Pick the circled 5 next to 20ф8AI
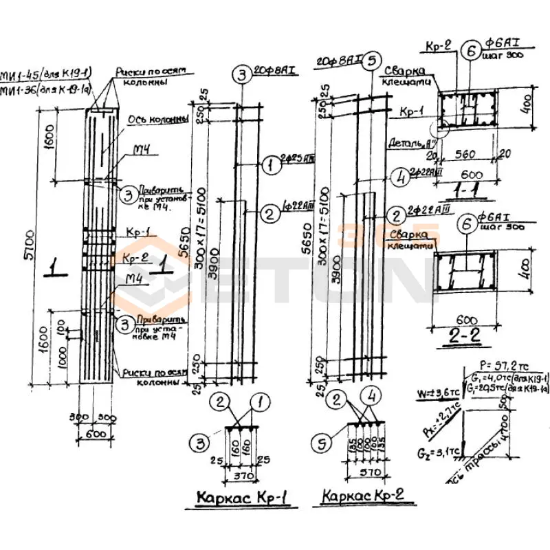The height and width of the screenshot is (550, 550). point(372,60)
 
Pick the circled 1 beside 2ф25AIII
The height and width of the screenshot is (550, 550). point(270,164)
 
